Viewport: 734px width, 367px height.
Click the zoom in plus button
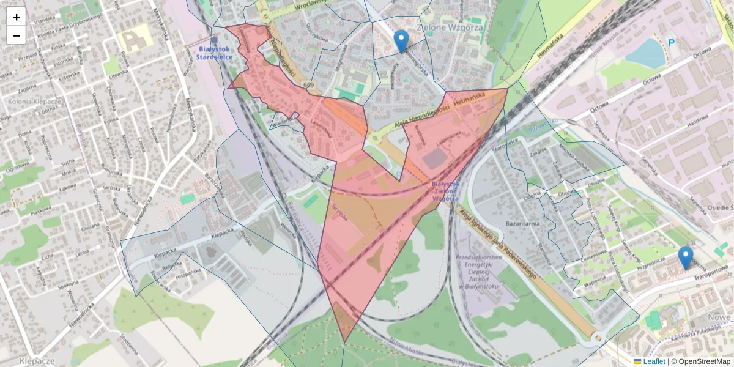(x=17, y=17)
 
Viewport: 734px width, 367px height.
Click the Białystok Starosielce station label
(x=214, y=53)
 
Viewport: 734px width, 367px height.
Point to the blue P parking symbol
(x=671, y=43)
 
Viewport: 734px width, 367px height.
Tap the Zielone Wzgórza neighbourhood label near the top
(x=450, y=28)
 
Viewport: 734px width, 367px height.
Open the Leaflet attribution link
(x=654, y=361)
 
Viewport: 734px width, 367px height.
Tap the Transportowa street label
(x=710, y=272)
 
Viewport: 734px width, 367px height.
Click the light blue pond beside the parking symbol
(x=645, y=53)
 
